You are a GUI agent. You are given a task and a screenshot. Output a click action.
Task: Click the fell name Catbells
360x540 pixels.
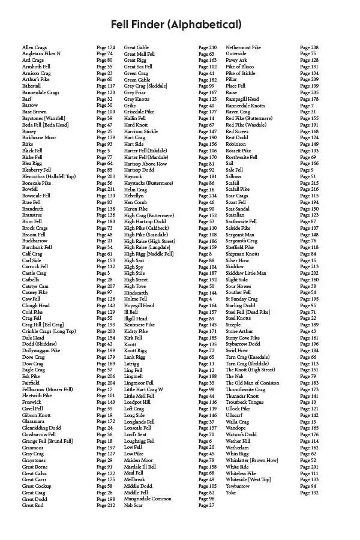[31, 280]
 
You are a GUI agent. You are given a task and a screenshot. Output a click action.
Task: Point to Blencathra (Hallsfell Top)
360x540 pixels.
[49, 176]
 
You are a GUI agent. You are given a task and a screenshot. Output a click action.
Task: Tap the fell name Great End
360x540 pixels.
[33, 505]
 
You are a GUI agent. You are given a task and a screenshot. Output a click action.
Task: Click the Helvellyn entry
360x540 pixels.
[134, 196]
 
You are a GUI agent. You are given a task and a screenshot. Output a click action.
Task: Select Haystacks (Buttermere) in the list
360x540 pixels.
[148, 183]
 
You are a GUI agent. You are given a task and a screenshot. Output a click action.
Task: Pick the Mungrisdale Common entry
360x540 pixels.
[148, 499]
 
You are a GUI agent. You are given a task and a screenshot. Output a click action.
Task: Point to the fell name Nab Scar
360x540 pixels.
[134, 505]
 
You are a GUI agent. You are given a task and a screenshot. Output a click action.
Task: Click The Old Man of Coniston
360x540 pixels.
[252, 383]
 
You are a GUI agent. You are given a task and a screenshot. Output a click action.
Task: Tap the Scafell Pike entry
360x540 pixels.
[238, 190]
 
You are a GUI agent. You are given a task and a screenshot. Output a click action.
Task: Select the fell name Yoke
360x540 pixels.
[231, 493]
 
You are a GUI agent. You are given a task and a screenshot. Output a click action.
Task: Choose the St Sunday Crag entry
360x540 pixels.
[242, 299]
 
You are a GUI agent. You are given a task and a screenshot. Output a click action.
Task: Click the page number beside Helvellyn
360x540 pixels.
[208, 196]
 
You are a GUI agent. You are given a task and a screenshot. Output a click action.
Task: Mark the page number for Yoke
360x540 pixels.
[309, 493]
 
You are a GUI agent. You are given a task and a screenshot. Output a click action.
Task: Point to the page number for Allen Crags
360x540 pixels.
[106, 47]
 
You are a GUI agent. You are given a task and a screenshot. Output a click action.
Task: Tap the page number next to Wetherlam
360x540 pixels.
[309, 447]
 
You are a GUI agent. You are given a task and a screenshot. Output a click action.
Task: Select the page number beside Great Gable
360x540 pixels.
[208, 47]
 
